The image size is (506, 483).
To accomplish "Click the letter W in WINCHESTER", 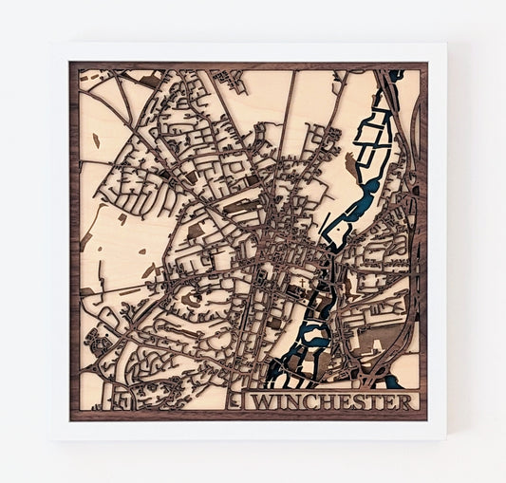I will click(x=259, y=402).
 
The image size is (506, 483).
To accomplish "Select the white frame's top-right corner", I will click(x=445, y=45).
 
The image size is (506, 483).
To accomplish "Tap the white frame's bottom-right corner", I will click(x=445, y=438).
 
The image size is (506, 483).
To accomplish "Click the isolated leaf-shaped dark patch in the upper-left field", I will click(x=95, y=140).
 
